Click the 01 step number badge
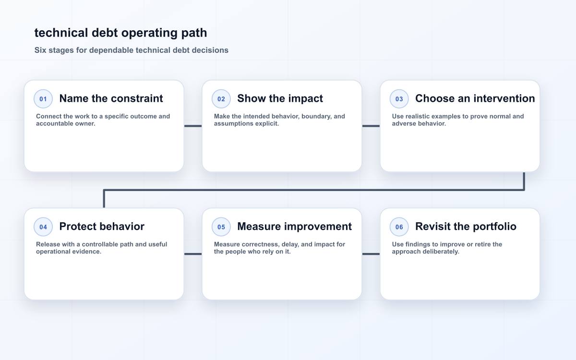(x=43, y=99)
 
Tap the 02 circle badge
(x=221, y=99)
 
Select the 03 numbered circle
(x=399, y=99)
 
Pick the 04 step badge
(x=43, y=227)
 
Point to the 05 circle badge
(x=221, y=227)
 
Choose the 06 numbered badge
(x=399, y=227)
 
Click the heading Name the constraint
(x=111, y=98)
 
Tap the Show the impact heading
(x=280, y=98)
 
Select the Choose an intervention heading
(x=475, y=98)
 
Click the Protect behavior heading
(x=102, y=227)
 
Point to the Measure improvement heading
(x=294, y=227)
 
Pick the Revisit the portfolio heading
(x=466, y=227)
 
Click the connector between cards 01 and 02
(x=193, y=126)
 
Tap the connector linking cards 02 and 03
(x=371, y=126)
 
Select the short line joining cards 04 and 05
(x=193, y=254)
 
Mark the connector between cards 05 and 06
(x=371, y=254)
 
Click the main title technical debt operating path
(x=120, y=33)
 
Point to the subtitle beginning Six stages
(x=132, y=50)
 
